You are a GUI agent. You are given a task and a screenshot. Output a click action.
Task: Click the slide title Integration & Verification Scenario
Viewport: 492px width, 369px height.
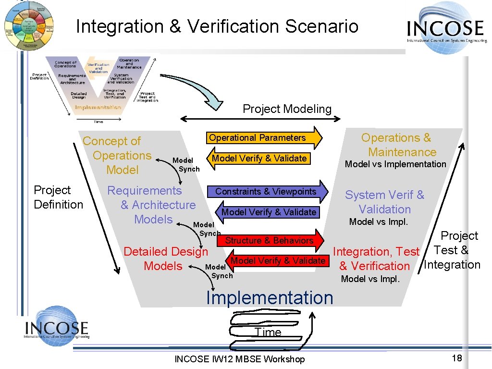click(217, 26)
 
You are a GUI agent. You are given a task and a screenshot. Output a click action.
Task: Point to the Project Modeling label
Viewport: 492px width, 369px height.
click(287, 109)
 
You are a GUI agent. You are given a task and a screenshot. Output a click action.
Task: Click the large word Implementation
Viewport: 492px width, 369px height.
click(269, 298)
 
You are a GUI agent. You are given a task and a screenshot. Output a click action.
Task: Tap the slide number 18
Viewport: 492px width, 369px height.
click(456, 358)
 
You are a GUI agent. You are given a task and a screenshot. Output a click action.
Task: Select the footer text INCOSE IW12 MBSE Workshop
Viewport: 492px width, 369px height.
click(239, 359)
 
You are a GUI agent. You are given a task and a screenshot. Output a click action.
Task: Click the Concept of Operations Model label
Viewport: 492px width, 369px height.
click(117, 155)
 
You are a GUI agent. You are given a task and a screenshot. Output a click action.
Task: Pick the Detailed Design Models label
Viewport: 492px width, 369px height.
click(165, 258)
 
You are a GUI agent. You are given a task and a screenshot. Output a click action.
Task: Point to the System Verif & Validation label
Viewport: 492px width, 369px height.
click(384, 202)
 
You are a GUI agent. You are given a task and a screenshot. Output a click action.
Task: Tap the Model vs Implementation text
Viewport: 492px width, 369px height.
click(395, 164)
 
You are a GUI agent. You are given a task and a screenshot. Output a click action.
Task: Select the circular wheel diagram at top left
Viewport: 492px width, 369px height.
click(29, 25)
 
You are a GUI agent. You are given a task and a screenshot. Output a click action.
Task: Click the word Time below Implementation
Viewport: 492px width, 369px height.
click(268, 332)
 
